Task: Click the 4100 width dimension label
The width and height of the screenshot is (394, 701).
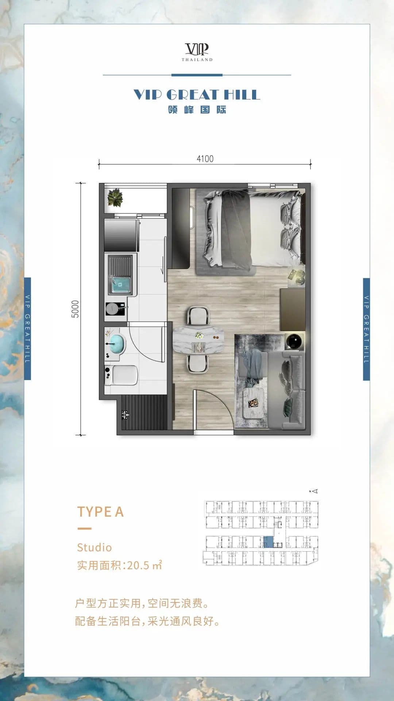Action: point(205,159)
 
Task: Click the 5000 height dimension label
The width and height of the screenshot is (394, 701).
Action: point(75,309)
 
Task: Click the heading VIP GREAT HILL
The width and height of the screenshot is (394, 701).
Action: point(197,95)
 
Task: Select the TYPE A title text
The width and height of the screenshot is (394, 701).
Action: point(100,512)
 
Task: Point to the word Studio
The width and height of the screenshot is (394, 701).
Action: point(94,547)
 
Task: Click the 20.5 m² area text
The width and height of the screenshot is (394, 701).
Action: point(144,565)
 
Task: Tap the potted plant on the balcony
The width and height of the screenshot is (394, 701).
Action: point(115,198)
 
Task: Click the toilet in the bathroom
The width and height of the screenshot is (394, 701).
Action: point(121,375)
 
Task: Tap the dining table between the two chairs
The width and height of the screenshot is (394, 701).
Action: point(198,340)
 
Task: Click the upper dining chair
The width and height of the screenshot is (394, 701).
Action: point(198,315)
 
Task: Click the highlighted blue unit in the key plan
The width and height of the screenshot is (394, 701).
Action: point(268,542)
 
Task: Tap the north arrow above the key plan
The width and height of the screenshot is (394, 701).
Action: point(314,491)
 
